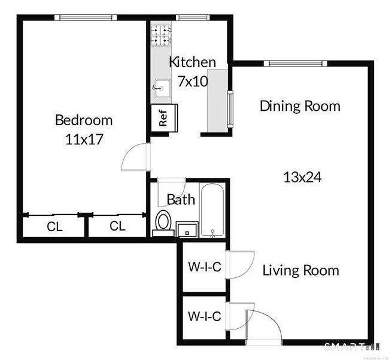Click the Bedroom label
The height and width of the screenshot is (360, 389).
pos(83,120)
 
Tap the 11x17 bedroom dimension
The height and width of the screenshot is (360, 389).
pos(84,140)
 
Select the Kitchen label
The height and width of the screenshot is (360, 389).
pos(192,62)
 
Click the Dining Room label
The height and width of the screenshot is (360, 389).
pos(300,106)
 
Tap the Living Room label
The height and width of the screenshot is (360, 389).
pos(301,270)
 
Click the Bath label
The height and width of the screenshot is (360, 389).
pos(181,199)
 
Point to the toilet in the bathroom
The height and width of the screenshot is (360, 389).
pos(163,222)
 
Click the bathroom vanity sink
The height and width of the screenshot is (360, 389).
pos(187,229)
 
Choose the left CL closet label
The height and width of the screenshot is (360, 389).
pos(55,226)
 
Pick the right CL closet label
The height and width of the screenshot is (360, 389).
pos(118,226)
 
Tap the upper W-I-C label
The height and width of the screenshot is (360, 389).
pos(205,267)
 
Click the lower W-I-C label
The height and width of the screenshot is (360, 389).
pos(205,316)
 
